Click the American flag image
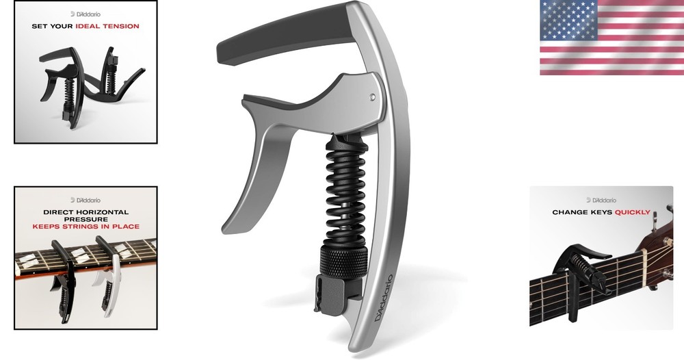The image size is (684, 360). coord(611,38)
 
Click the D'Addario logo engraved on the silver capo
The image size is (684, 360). coord(383,298)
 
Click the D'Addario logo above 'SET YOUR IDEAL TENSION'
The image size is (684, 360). coord(85,13)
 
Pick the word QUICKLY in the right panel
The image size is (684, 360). coord(632,212)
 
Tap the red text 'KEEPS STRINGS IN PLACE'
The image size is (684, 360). coord(85,227)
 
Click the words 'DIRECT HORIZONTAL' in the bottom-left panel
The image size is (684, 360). coord(85,212)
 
